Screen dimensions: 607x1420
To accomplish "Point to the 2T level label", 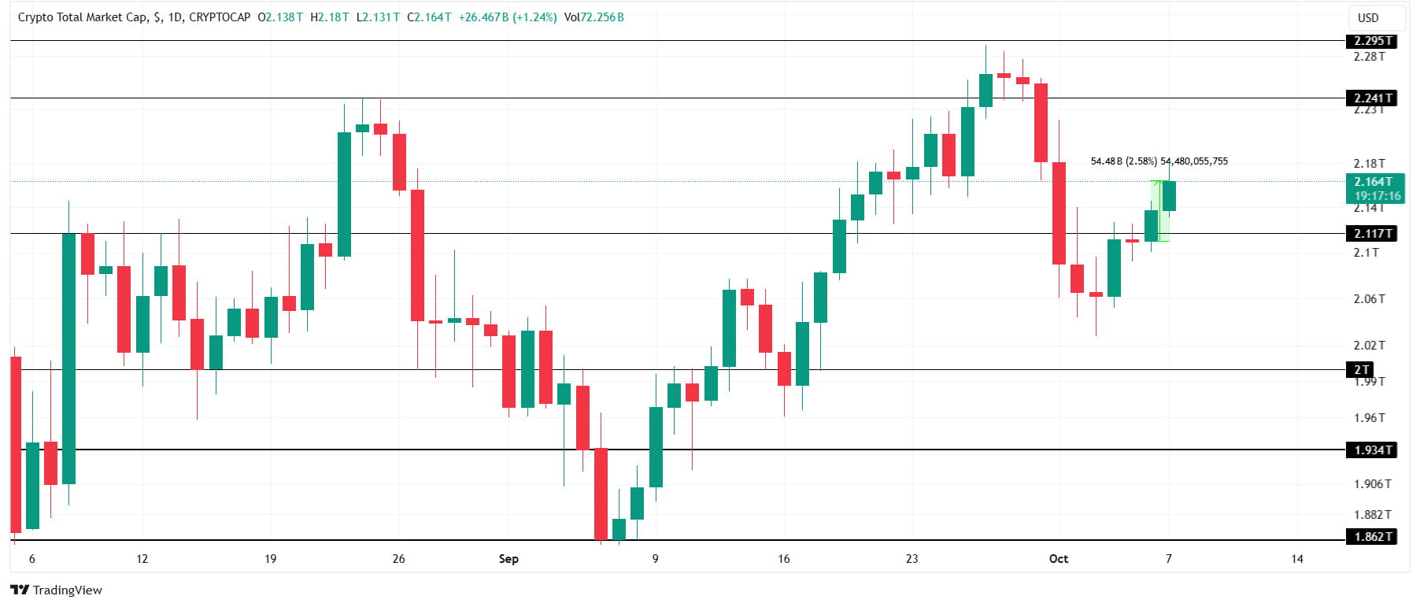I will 1361,370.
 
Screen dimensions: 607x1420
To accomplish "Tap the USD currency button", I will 1368,17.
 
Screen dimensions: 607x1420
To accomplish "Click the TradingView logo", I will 57,590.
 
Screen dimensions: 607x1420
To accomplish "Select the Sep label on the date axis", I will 508,559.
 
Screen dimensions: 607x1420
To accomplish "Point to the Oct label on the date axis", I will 1058,559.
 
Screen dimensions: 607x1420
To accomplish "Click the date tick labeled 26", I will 398,559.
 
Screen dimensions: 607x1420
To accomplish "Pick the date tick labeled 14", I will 1296,559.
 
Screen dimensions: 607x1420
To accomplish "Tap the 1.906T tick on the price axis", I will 1372,484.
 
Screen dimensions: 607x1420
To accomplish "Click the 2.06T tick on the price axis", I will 1369,299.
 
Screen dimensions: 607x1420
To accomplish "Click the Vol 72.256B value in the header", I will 594,17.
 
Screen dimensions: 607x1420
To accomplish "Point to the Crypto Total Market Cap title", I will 83,17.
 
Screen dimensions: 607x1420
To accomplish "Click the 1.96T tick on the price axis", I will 1369,418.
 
